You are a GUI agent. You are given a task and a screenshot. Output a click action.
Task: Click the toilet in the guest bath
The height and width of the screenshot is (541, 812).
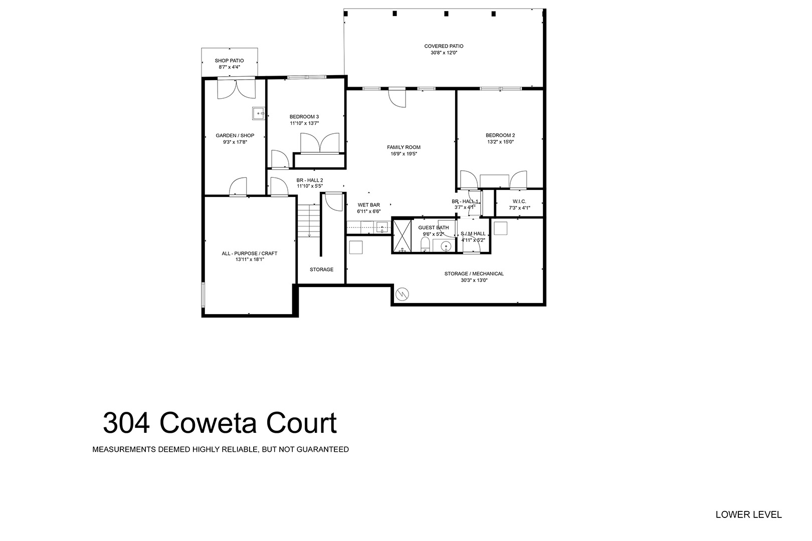click(425, 245)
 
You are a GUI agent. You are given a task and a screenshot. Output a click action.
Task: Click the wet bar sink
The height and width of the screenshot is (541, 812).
click(382, 227)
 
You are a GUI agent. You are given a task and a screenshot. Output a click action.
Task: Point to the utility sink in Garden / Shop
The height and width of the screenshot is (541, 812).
click(259, 113)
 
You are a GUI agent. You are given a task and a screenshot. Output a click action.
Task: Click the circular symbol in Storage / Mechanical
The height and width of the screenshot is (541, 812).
click(402, 294)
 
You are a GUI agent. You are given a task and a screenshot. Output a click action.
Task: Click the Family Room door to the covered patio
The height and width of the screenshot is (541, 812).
click(397, 98)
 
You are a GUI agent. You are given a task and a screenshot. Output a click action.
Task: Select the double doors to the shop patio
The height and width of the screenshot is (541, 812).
click(237, 89)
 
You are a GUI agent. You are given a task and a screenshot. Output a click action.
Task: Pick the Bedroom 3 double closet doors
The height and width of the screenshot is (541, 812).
click(320, 143)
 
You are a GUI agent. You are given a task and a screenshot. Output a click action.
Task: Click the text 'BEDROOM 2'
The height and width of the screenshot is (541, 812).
click(500, 136)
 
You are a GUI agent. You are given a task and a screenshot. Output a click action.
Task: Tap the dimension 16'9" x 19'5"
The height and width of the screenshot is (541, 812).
click(403, 154)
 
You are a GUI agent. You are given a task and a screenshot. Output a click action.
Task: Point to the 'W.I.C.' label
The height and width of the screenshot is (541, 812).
click(519, 201)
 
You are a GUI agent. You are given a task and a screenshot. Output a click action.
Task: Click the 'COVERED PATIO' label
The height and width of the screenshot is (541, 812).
click(444, 46)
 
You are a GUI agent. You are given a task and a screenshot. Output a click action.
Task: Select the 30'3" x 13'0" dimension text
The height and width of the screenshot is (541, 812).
click(474, 280)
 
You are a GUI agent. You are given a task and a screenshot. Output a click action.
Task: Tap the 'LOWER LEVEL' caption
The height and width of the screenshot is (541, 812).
click(748, 514)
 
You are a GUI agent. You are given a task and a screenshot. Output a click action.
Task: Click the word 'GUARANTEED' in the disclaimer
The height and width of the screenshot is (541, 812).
click(323, 450)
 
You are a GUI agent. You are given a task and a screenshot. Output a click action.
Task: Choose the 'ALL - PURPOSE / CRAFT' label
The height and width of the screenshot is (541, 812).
click(250, 253)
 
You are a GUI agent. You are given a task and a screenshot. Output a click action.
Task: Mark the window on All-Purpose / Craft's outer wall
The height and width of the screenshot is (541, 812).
click(203, 295)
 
